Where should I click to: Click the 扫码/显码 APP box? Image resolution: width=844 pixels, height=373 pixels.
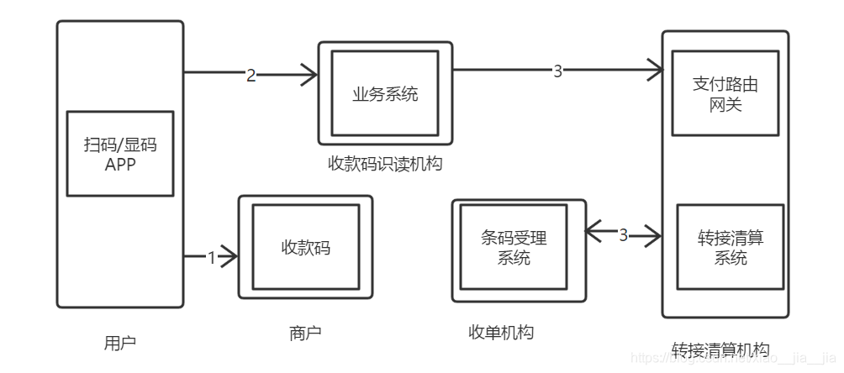tap(119, 154)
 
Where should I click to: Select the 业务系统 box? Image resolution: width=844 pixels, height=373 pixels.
tap(385, 93)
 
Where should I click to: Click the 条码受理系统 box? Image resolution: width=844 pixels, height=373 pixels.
tap(513, 249)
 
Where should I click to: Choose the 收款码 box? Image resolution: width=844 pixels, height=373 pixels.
tap(305, 247)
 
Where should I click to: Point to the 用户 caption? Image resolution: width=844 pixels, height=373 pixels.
tap(119, 343)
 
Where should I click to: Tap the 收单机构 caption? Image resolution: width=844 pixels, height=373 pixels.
tap(501, 334)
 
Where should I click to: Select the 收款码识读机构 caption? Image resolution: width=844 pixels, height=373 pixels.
tap(385, 164)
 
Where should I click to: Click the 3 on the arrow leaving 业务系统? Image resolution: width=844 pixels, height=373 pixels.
tap(557, 72)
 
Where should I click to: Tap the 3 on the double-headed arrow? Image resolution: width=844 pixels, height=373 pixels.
tap(623, 235)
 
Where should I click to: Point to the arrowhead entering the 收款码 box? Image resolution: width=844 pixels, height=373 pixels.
tap(231, 257)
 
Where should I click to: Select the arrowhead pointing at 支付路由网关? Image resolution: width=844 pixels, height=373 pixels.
tap(656, 71)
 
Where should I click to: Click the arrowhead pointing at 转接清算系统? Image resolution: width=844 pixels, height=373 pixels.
tap(654, 236)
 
